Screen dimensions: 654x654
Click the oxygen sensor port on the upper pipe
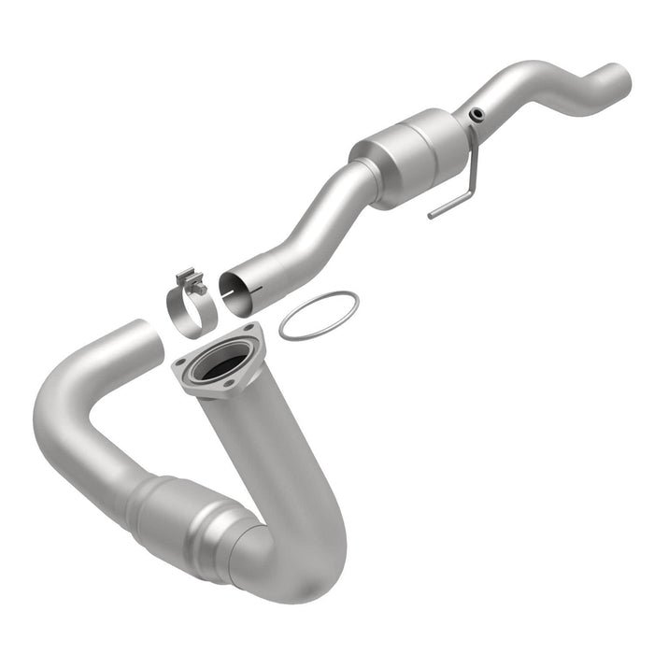coord(477,115)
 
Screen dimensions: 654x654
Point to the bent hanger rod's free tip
coord(431,217)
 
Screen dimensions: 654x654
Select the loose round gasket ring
coord(318,316)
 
